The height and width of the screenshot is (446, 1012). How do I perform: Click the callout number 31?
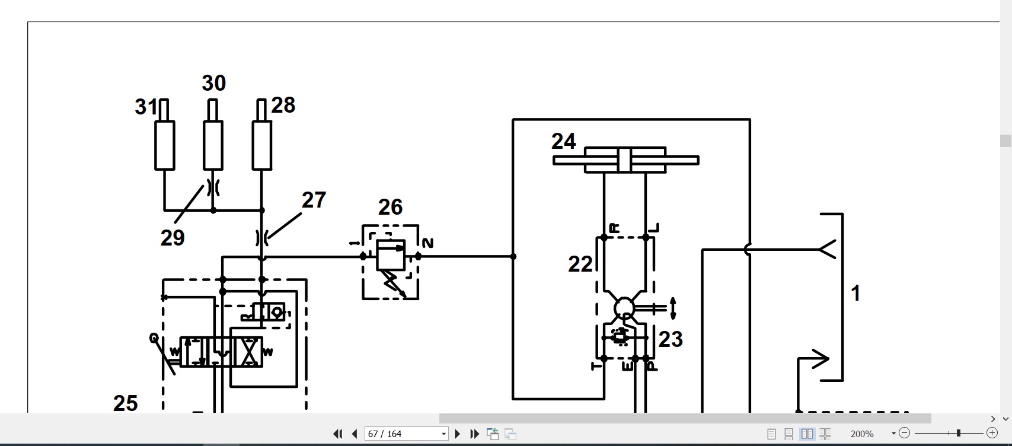pyautogui.click(x=146, y=107)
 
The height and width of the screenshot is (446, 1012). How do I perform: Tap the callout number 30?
pyautogui.click(x=213, y=83)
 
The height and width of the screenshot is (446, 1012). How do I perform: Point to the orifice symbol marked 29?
pyautogui.click(x=213, y=187)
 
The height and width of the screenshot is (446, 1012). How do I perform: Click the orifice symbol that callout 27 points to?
pyautogui.click(x=262, y=238)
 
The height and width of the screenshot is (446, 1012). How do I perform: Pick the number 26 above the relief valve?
pyautogui.click(x=390, y=208)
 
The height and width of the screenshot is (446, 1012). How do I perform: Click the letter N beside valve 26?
pyautogui.click(x=427, y=244)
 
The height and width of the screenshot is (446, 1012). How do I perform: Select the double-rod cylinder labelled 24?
pyautogui.click(x=625, y=160)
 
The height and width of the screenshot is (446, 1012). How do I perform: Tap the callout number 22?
pyautogui.click(x=580, y=265)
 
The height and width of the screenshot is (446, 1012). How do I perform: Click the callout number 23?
pyautogui.click(x=671, y=339)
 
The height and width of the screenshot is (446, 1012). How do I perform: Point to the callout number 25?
pyautogui.click(x=125, y=403)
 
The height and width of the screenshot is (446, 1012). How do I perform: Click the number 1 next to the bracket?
pyautogui.click(x=855, y=293)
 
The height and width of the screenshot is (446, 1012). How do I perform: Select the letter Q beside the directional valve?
pyautogui.click(x=154, y=338)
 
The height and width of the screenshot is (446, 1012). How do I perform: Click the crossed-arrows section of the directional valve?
pyautogui.click(x=248, y=352)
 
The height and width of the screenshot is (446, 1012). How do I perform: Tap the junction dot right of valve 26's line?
pyautogui.click(x=513, y=257)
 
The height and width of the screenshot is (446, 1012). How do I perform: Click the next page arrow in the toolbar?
pyautogui.click(x=457, y=434)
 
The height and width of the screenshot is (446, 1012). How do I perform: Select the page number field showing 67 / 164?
pyautogui.click(x=406, y=434)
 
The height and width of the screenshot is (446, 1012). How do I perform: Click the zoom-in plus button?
pyautogui.click(x=992, y=434)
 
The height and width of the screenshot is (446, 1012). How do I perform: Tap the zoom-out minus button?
pyautogui.click(x=904, y=434)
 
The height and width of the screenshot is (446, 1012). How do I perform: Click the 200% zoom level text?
pyautogui.click(x=861, y=434)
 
